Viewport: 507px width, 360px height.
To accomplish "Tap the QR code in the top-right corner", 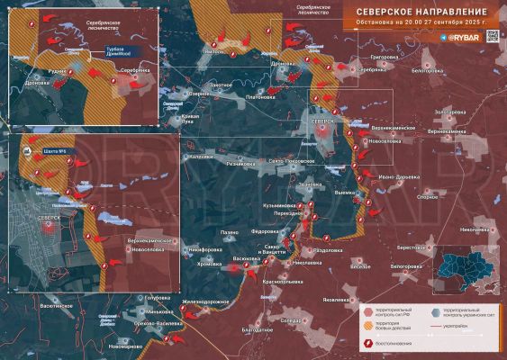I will (x=492, y=37).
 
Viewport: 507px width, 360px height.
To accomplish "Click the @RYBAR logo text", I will (x=464, y=38).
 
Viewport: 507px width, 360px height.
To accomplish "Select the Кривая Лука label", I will (x=191, y=121).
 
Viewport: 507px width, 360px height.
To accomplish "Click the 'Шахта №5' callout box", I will (x=55, y=151).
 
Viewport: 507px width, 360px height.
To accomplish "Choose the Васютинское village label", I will (x=55, y=306).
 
